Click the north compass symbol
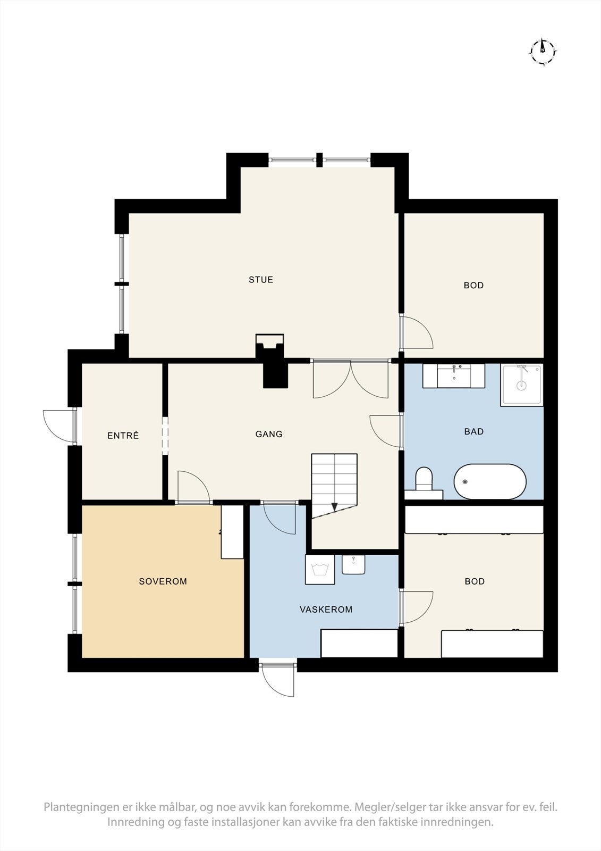(543, 52)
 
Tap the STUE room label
(261, 280)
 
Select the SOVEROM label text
(163, 581)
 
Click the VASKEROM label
(326, 610)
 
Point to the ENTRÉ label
(123, 436)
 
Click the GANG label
(269, 434)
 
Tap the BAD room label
(473, 431)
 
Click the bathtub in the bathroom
(489, 481)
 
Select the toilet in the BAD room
(424, 479)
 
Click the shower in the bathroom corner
(521, 385)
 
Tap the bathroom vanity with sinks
(453, 376)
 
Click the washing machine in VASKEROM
(320, 570)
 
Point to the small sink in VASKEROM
(353, 564)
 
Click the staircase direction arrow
(335, 507)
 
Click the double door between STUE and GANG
(350, 379)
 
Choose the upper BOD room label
(473, 286)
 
